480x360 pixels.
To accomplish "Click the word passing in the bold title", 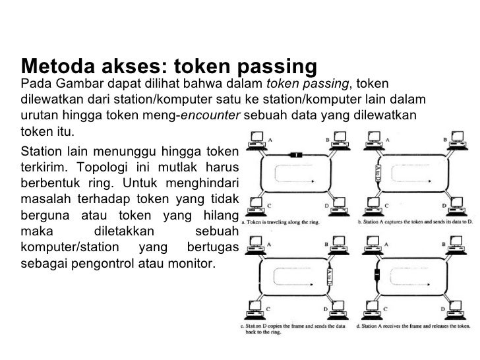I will [270, 67].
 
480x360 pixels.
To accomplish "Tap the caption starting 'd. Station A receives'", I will [415, 324].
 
